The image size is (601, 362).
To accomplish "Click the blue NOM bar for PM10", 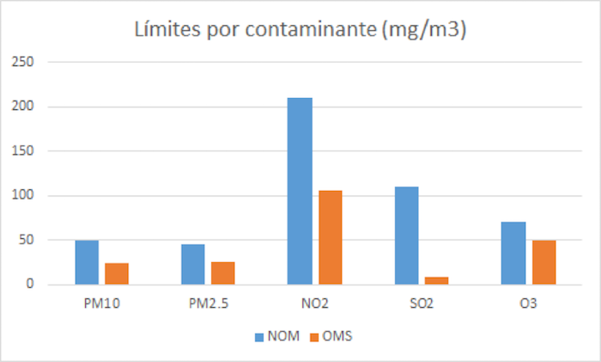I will point(87,262).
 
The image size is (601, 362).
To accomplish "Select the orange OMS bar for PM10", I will point(116,273).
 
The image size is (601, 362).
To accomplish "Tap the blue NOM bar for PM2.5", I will point(193,264).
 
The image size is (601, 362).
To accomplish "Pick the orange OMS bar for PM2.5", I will point(222,273).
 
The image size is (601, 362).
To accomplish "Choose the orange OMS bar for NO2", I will point(330,237).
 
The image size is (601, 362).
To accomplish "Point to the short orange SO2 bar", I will point(436,280).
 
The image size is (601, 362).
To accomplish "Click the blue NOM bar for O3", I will point(513,253).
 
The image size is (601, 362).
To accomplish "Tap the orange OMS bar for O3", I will point(543,262).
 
